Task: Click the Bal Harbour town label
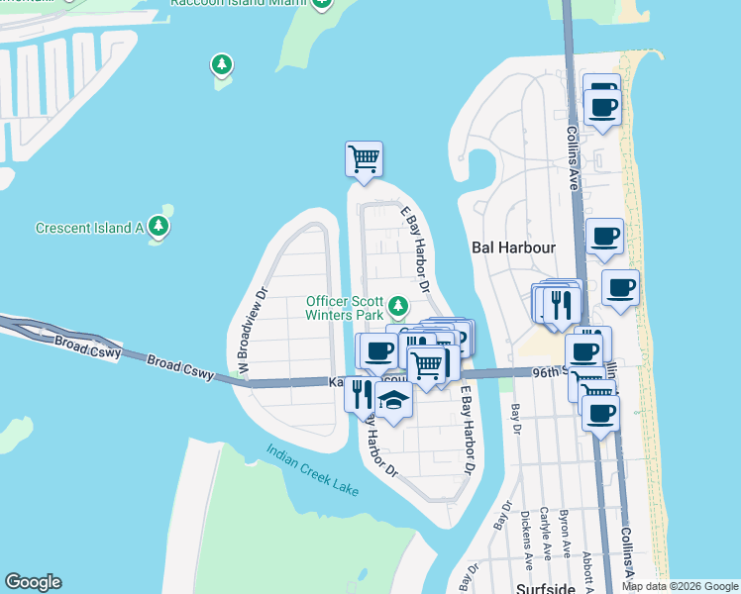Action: [512, 247]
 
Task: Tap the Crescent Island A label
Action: [90, 228]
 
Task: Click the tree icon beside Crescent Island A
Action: [159, 227]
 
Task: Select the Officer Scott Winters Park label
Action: [344, 308]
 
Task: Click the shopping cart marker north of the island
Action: [364, 158]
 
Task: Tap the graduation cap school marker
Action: [393, 402]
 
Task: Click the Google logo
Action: [33, 582]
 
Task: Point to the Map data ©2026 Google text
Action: [680, 586]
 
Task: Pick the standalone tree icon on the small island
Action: [221, 66]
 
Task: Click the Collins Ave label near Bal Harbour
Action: [572, 155]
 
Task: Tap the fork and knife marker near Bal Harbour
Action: [560, 306]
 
